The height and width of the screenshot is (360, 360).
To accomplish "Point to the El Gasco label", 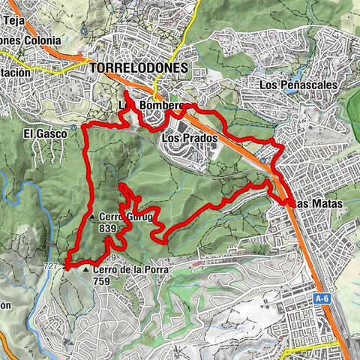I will pyautogui.click(x=40, y=134).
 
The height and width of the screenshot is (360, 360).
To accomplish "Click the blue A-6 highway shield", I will pyautogui.click(x=322, y=298).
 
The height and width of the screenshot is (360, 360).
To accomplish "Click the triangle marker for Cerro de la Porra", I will pyautogui.click(x=86, y=270).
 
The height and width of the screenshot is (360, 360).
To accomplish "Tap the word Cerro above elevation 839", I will pyautogui.click(x=110, y=217).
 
